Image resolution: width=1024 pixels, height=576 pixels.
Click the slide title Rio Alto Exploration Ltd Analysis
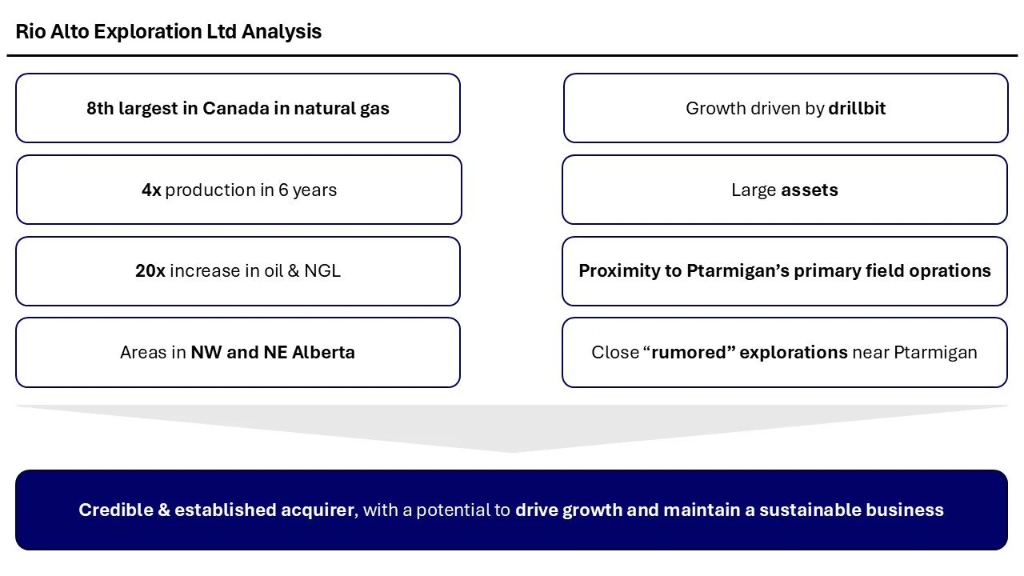tap(168, 32)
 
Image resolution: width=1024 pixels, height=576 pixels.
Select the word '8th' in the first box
tap(100, 109)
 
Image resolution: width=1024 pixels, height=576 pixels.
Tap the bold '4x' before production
tap(151, 190)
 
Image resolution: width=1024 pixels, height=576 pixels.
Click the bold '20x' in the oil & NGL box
tap(150, 271)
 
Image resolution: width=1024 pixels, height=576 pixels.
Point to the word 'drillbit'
tap(857, 109)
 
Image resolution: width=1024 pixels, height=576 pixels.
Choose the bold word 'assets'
tap(810, 190)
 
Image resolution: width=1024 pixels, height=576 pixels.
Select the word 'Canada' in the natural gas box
tap(235, 109)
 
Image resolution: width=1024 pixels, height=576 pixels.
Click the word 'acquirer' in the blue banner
tap(317, 510)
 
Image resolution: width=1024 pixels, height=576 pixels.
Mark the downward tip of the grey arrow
tap(512, 450)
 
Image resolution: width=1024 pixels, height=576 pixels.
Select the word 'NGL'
tap(322, 271)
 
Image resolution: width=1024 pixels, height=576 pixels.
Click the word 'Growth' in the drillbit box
tap(714, 109)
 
